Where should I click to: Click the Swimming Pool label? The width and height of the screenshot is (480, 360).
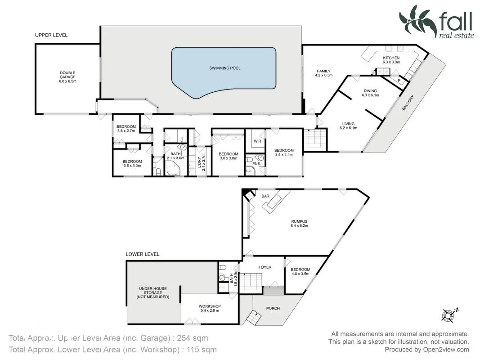click(x=224, y=68)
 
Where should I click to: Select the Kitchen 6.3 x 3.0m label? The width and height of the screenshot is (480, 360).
click(x=391, y=60)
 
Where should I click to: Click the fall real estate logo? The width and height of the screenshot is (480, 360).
click(x=436, y=22)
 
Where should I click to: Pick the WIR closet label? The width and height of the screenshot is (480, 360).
click(x=257, y=141)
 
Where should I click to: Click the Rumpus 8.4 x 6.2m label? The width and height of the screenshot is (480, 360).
click(x=299, y=223)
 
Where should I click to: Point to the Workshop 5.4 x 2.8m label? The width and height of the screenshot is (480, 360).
click(x=210, y=309)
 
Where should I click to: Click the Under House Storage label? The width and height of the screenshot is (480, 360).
click(x=153, y=292)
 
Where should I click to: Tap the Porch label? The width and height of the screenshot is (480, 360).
click(x=273, y=308)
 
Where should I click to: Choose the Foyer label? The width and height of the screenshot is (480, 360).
click(x=265, y=267)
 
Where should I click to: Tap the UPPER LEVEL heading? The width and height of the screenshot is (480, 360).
click(x=51, y=35)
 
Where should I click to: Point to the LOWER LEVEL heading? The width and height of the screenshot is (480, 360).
click(x=142, y=254)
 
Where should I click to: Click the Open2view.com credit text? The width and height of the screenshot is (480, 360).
click(x=426, y=350)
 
